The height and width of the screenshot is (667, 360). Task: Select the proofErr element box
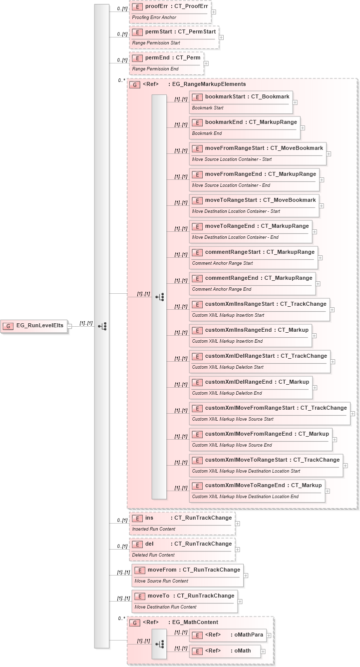[x=170, y=11]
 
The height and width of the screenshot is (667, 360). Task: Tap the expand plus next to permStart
[x=221, y=37]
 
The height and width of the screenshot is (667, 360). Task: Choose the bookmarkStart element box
[x=240, y=101]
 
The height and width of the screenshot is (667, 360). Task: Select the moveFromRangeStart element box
[x=258, y=153]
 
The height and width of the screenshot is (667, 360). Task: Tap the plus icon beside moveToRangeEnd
[x=315, y=232]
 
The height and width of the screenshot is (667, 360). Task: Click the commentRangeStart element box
[x=253, y=257]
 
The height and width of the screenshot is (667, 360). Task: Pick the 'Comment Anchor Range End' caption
[x=222, y=289]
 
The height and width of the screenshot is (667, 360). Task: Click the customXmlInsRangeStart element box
[x=259, y=309]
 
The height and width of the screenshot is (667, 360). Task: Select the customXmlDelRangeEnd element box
[x=251, y=387]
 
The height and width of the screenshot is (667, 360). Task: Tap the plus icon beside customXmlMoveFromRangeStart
[x=353, y=414]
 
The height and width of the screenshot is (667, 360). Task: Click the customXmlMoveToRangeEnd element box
[x=257, y=491]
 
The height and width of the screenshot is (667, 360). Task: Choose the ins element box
[x=182, y=523]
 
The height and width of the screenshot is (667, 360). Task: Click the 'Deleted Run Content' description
[x=153, y=555]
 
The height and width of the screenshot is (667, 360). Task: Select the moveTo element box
[x=185, y=601]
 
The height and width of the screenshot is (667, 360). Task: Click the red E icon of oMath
[x=197, y=651]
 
